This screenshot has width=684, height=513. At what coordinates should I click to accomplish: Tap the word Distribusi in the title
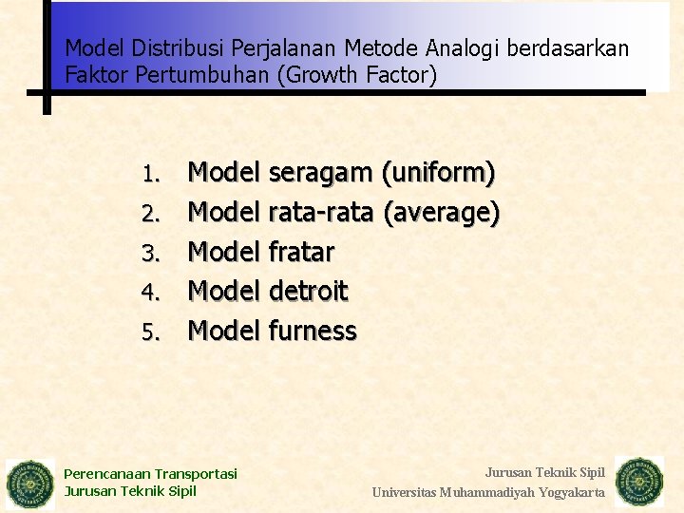pyautogui.click(x=168, y=47)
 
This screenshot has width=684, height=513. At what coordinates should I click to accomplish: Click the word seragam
pyautogui.click(x=321, y=174)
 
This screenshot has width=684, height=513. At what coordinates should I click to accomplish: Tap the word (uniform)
pyautogui.click(x=438, y=174)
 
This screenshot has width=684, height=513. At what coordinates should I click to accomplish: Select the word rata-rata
pyautogui.click(x=321, y=213)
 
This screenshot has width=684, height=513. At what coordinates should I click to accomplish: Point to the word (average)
pyautogui.click(x=442, y=213)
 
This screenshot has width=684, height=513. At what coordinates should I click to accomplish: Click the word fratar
pyautogui.click(x=302, y=252)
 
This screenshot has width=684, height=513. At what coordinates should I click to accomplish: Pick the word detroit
pyautogui.click(x=309, y=291)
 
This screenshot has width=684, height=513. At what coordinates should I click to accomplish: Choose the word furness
pyautogui.click(x=313, y=331)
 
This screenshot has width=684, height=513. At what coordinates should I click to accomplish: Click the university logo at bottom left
pyautogui.click(x=31, y=484)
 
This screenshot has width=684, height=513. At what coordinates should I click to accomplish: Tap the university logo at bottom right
pyautogui.click(x=639, y=482)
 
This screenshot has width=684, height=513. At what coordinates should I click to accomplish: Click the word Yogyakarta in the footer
pyautogui.click(x=572, y=492)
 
